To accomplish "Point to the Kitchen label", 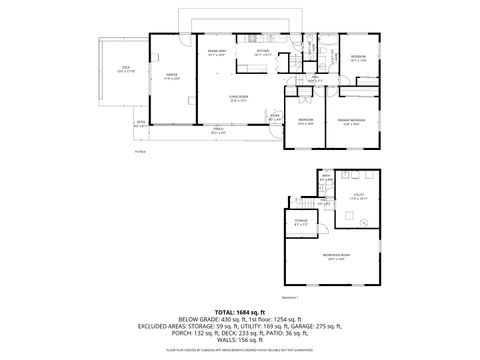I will pyautogui.click(x=262, y=52).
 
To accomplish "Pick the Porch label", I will pyautogui.click(x=217, y=130).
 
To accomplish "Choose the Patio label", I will pyautogui.click(x=140, y=125).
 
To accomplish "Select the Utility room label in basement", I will pyautogui.click(x=357, y=197).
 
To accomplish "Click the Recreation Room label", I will pyautogui.click(x=335, y=256).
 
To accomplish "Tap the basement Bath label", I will pyautogui.click(x=326, y=180).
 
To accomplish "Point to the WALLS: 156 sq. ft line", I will pyautogui.click(x=239, y=342).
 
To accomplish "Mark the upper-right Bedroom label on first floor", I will pyautogui.click(x=357, y=58).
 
